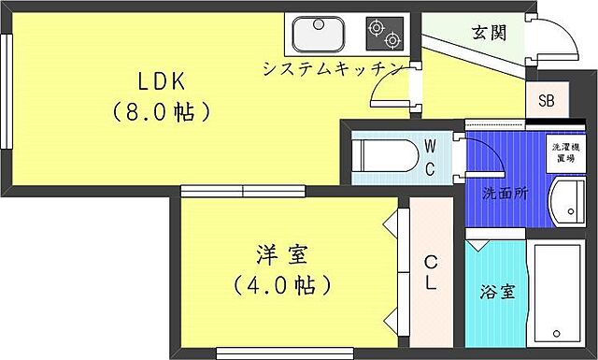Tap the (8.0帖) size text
pos(160,112)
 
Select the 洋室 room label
pos(281,253)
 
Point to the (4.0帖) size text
pos(281,281)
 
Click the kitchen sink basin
pos(318,36)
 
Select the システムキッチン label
pos(333,68)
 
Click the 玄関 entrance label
pos(488,34)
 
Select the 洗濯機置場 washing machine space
pos(562,151)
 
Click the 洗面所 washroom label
pos(505,194)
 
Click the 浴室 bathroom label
pos(495,290)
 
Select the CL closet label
pos(431,272)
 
